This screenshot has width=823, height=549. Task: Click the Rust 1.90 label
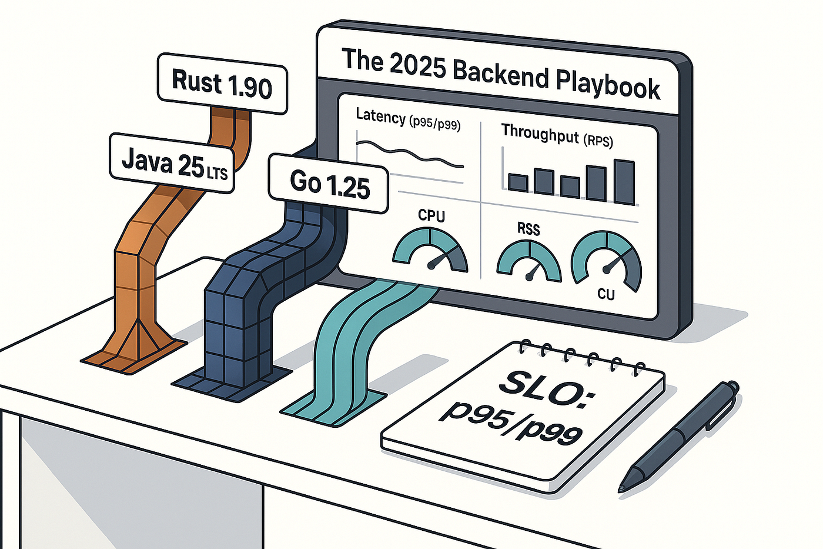pyautogui.click(x=222, y=84)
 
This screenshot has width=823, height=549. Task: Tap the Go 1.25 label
pyautogui.click(x=329, y=184)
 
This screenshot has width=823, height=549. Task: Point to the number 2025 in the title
pyautogui.click(x=418, y=67)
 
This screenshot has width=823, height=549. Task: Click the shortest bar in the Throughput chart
pyautogui.click(x=518, y=183)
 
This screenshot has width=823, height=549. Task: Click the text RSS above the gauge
pyautogui.click(x=528, y=229)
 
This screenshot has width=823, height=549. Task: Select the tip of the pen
pyautogui.click(x=623, y=487)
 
